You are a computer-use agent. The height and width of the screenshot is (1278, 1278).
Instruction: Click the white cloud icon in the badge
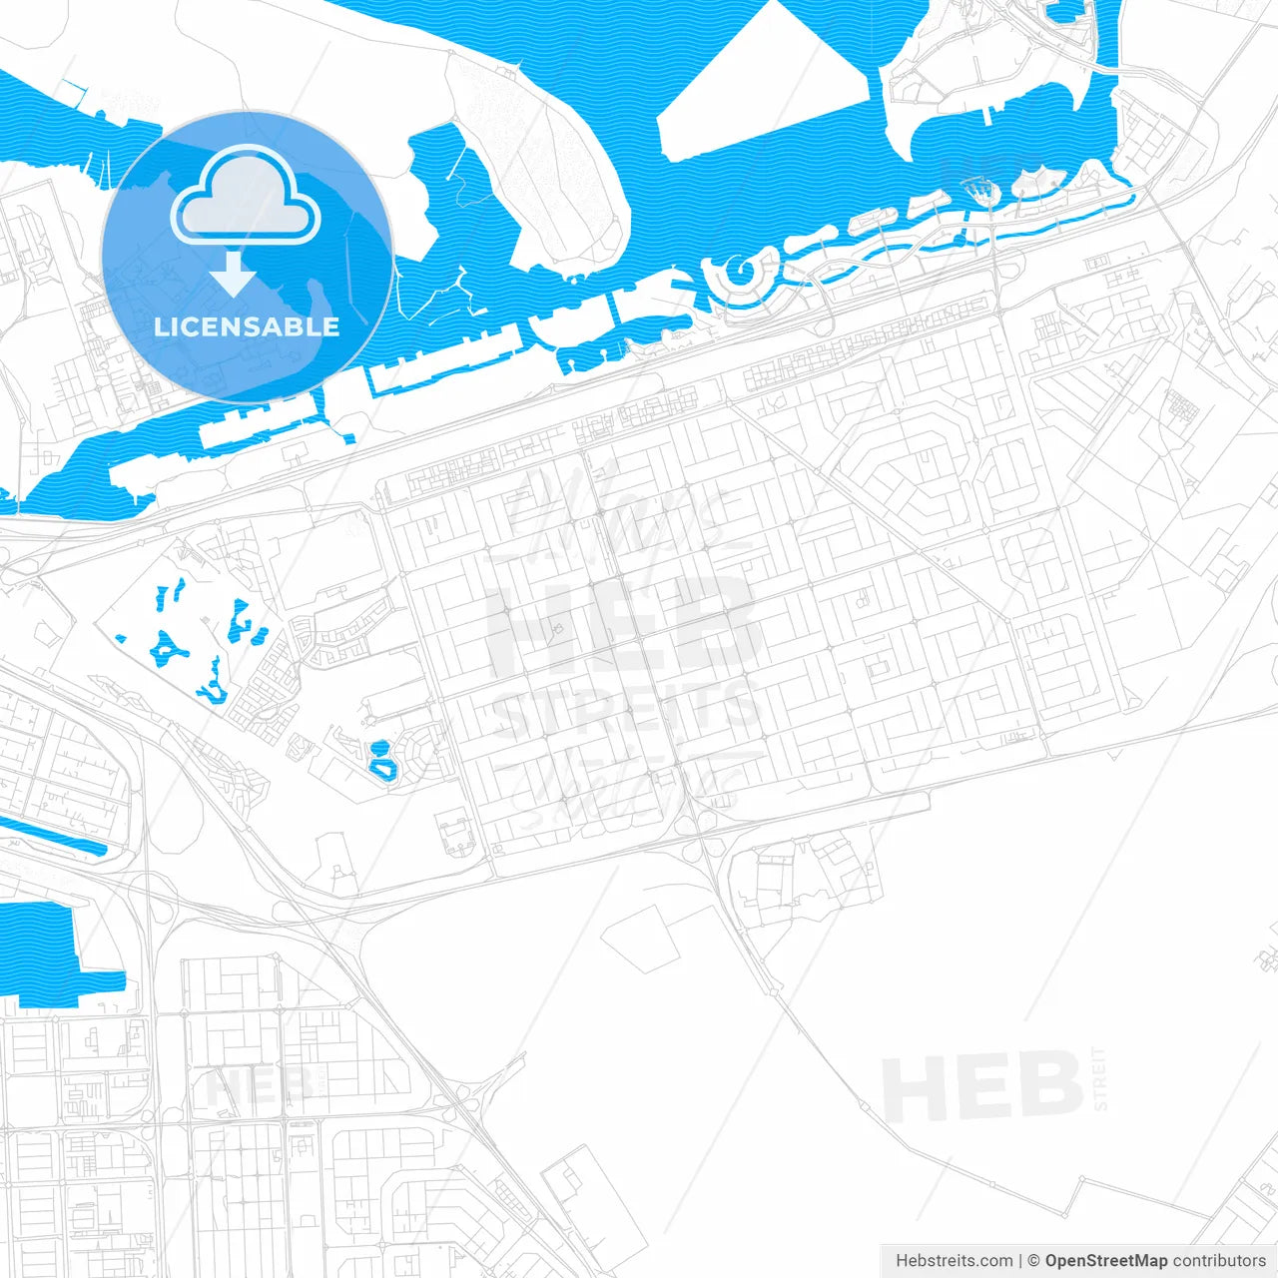click(246, 197)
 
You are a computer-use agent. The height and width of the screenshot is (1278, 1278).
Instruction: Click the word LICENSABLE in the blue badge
click(247, 326)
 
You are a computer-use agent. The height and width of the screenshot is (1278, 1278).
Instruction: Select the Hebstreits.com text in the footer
click(954, 1261)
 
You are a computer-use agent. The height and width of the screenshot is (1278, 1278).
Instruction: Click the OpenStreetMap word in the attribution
click(1106, 1261)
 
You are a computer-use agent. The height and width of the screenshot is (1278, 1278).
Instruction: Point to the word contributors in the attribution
click(1219, 1261)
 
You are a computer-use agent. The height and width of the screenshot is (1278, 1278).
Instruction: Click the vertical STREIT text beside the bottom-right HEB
click(1100, 1078)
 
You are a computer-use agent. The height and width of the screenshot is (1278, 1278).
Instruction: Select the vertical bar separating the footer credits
click(1019, 1261)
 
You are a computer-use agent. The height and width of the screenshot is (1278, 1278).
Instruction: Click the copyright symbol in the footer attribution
click(1033, 1261)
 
